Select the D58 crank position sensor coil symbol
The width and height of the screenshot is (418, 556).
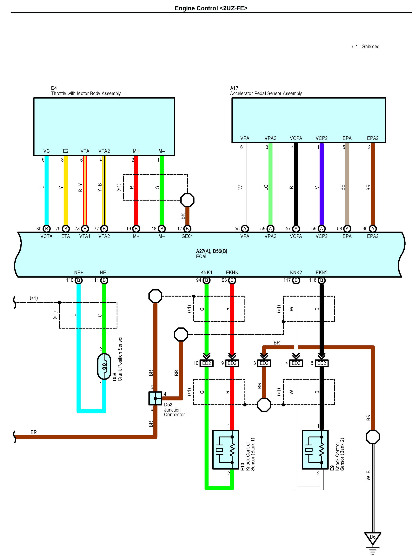(x=104, y=366)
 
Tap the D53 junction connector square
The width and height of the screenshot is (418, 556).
(x=155, y=398)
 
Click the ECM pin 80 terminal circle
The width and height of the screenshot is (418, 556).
(x=47, y=229)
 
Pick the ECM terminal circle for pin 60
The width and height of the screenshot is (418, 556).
(x=373, y=229)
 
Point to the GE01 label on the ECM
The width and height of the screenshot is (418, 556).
(x=187, y=236)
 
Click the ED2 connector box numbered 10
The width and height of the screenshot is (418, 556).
(x=206, y=363)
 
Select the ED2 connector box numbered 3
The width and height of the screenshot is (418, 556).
(x=264, y=363)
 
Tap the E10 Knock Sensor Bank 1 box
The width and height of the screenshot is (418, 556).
(x=226, y=450)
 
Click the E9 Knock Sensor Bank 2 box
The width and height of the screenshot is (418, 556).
(x=315, y=450)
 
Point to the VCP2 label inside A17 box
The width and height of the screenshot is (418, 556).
(x=321, y=138)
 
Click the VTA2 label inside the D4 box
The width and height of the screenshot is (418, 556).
(x=104, y=151)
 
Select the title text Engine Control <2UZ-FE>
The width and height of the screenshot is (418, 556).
(x=211, y=8)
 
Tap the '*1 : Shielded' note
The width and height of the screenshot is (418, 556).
(x=365, y=47)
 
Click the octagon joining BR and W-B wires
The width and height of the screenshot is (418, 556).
(x=373, y=437)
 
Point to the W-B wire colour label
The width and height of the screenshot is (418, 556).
(x=368, y=475)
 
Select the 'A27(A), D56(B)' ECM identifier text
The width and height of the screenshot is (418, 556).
(x=212, y=251)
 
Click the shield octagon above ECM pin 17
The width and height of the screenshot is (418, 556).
(x=187, y=200)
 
